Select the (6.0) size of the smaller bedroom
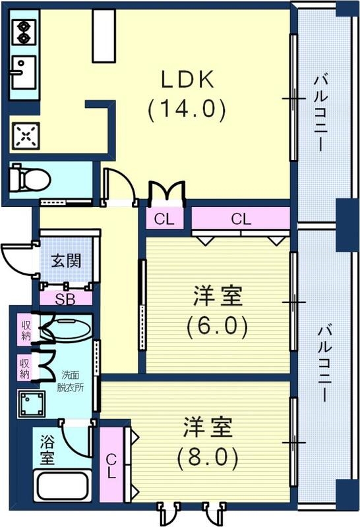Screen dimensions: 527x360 (x=218, y=326)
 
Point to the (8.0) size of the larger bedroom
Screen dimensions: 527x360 (x=207, y=456)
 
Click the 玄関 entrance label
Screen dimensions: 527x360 (x=67, y=261)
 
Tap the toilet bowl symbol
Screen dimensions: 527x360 (x=32, y=179)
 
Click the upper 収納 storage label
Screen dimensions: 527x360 (x=26, y=329)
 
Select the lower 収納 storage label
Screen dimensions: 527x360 (x=25, y=368)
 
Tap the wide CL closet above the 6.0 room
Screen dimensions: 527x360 (x=241, y=219)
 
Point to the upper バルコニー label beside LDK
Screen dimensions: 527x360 (x=321, y=112)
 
